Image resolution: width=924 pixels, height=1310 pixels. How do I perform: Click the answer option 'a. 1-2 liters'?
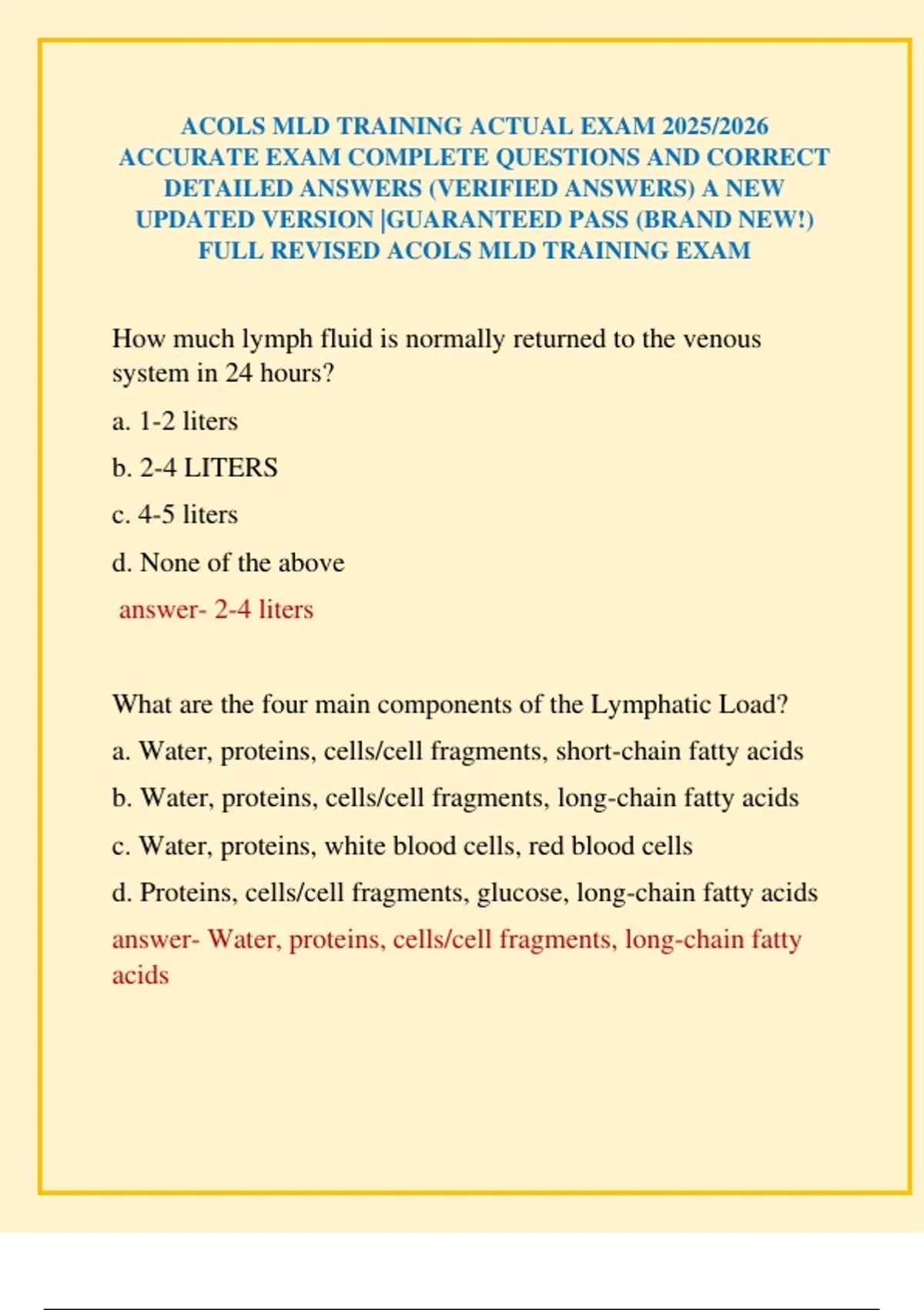(175, 422)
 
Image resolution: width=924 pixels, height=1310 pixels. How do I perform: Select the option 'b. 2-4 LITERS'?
(195, 468)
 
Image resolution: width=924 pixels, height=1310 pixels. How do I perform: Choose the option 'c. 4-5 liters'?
(175, 515)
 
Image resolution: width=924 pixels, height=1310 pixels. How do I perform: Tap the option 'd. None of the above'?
(228, 563)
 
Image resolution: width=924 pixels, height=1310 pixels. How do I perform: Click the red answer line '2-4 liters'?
(216, 610)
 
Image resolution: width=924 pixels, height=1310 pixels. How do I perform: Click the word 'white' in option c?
(355, 846)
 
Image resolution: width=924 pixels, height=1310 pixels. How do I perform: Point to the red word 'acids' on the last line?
(140, 976)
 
